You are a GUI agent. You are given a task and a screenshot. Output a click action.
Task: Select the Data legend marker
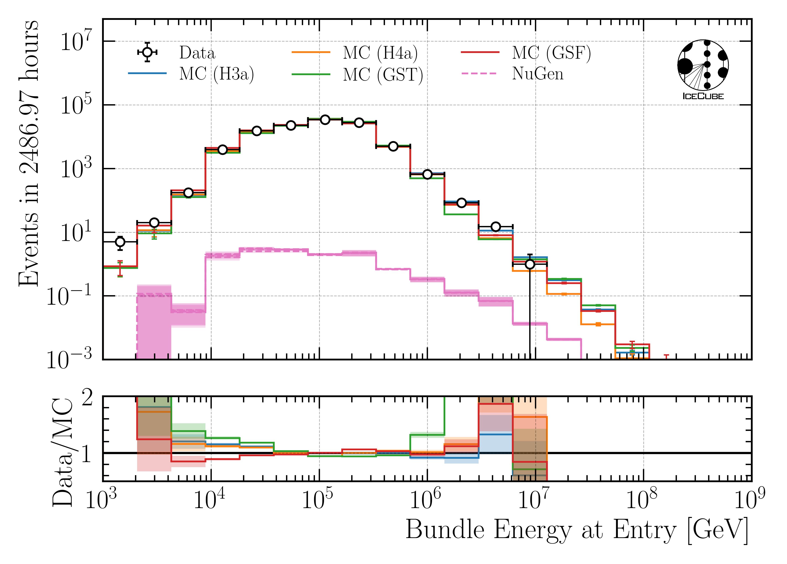coord(147,52)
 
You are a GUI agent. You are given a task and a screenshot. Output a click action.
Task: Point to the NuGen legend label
coord(538,74)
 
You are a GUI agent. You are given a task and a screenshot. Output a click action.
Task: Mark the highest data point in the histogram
coord(325,120)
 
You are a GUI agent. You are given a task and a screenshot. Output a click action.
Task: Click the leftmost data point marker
coord(120,242)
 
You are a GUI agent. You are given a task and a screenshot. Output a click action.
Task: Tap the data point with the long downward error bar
coord(530,264)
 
